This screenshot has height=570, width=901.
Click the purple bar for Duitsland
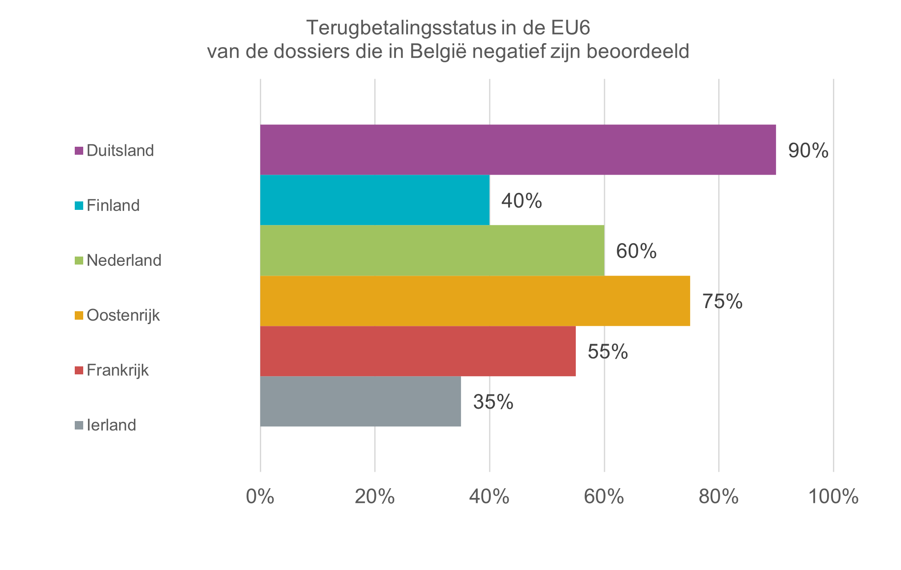[x=518, y=149]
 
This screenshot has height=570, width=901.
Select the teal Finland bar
[x=375, y=200]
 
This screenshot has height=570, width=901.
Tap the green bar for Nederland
[x=432, y=250]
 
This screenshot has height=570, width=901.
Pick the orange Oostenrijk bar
[x=475, y=301]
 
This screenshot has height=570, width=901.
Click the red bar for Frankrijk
[x=418, y=351]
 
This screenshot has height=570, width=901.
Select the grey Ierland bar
[x=360, y=401]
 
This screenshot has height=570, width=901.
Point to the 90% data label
[x=808, y=151]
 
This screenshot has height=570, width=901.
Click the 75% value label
[x=722, y=301]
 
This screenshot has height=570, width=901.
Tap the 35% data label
[x=493, y=402]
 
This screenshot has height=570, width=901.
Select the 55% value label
[x=608, y=352]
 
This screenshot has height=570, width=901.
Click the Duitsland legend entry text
[x=120, y=150]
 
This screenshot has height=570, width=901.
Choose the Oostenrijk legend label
[x=123, y=315]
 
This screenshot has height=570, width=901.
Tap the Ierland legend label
[x=111, y=425]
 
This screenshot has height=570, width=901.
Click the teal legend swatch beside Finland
[x=79, y=206]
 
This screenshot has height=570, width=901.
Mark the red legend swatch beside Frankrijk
[x=79, y=370]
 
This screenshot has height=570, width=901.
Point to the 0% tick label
[x=260, y=497]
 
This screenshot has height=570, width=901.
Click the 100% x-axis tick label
[x=833, y=497]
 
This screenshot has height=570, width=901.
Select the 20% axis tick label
[x=375, y=497]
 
